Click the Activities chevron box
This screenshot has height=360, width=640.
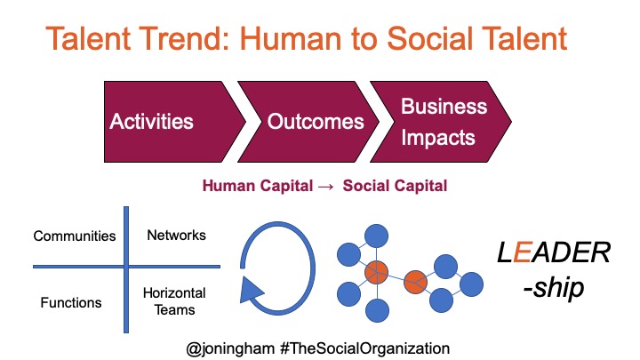pos(172,122)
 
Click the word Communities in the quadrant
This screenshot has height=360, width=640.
pos(75,236)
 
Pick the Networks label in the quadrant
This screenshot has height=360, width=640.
pos(176,235)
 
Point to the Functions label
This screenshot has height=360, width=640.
pos(71,302)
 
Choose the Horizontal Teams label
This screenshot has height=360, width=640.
pos(174,301)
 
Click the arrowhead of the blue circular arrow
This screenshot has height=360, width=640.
pos(251,290)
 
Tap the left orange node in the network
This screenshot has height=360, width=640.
pos(376,272)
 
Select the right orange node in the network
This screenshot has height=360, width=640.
pos(415,282)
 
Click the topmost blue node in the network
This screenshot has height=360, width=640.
pos(376,236)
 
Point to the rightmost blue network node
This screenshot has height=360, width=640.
pos(471,284)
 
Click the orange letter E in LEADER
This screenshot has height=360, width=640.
pos(522,252)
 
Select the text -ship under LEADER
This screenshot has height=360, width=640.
pos(554,287)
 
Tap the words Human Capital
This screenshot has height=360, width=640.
pos(258,186)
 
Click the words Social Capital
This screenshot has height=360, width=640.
pos(395,186)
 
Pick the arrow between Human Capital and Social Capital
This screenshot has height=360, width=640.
pos(325,187)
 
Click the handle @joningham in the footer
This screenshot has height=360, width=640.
pos(230,349)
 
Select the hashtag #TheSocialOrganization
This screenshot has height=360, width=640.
pos(365,348)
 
